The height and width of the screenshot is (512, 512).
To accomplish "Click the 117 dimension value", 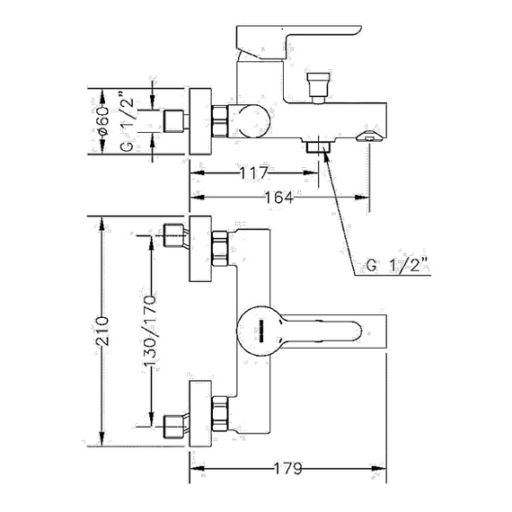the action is click(x=253, y=172).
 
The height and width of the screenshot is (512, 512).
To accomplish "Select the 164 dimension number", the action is click(x=278, y=198).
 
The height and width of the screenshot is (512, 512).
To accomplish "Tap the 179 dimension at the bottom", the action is click(x=287, y=469).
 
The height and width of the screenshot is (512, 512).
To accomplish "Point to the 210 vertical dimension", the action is click(x=102, y=331).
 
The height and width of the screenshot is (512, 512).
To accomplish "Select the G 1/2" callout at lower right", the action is click(x=398, y=265).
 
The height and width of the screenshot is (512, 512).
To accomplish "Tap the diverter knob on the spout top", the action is click(x=318, y=88).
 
